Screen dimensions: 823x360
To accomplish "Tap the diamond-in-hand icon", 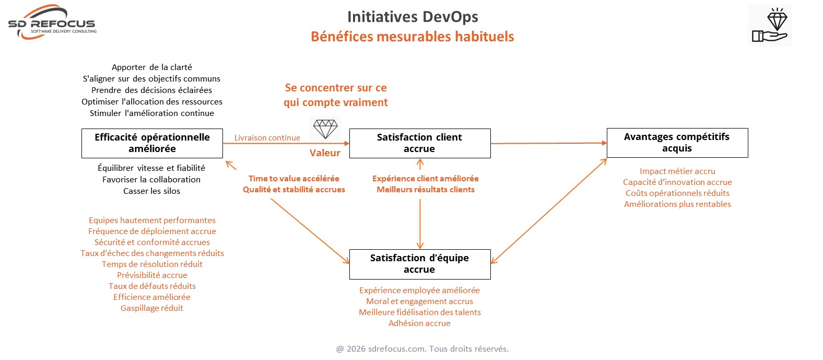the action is coord(769,26).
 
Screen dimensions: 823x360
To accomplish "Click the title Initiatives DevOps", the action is coord(413,17).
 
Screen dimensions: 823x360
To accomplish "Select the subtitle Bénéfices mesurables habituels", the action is coord(412,37).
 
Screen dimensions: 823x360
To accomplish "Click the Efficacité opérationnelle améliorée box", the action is coord(152,143).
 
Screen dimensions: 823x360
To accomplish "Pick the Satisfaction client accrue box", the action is coord(419,143).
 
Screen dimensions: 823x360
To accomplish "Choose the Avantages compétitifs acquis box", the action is coord(677,143).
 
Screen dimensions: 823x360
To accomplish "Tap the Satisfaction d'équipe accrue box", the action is coord(419,264).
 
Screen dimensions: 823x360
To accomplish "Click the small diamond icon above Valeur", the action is coord(325,129).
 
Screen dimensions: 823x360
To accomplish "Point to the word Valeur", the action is coord(325,153).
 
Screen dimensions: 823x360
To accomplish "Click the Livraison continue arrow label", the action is coord(267,138).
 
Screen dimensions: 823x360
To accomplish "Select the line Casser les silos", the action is coord(151,191).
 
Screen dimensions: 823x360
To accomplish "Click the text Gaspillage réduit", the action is coord(152,308).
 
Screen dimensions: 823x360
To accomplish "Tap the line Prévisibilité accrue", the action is coord(152,275).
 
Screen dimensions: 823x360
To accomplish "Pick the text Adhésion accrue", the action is coord(419,323).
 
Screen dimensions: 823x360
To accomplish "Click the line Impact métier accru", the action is coord(677,171).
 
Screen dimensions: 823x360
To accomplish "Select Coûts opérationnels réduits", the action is coord(677,193).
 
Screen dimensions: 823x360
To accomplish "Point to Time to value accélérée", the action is coord(293,179).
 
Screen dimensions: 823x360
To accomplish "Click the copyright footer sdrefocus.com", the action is coord(422,349).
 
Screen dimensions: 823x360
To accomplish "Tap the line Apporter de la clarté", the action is coord(151,67).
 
